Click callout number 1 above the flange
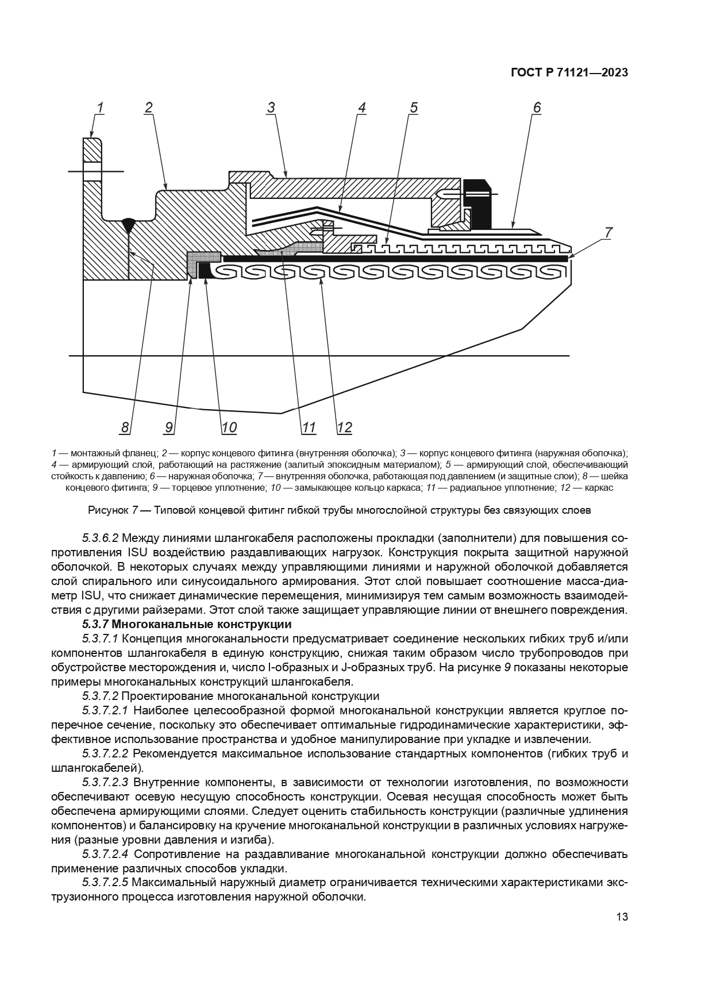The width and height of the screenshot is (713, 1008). [x=99, y=107]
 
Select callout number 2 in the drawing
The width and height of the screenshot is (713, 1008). [x=149, y=107]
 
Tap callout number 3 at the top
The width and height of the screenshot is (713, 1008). [x=271, y=107]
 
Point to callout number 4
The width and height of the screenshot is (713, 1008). [x=361, y=107]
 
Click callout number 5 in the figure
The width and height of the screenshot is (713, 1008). [x=413, y=107]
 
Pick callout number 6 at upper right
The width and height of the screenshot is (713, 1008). [x=537, y=107]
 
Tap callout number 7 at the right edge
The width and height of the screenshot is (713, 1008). [x=608, y=233]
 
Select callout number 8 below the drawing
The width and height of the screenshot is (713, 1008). [x=125, y=428]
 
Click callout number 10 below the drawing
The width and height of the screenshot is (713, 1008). [x=229, y=428]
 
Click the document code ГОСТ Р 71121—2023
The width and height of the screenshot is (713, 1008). [x=569, y=73]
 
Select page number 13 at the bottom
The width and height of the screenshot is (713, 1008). [x=622, y=917]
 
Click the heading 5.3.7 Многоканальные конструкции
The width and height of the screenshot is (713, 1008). [x=187, y=624]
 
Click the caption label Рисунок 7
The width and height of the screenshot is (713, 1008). [x=113, y=510]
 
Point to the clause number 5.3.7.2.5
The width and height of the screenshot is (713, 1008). [x=106, y=882]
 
